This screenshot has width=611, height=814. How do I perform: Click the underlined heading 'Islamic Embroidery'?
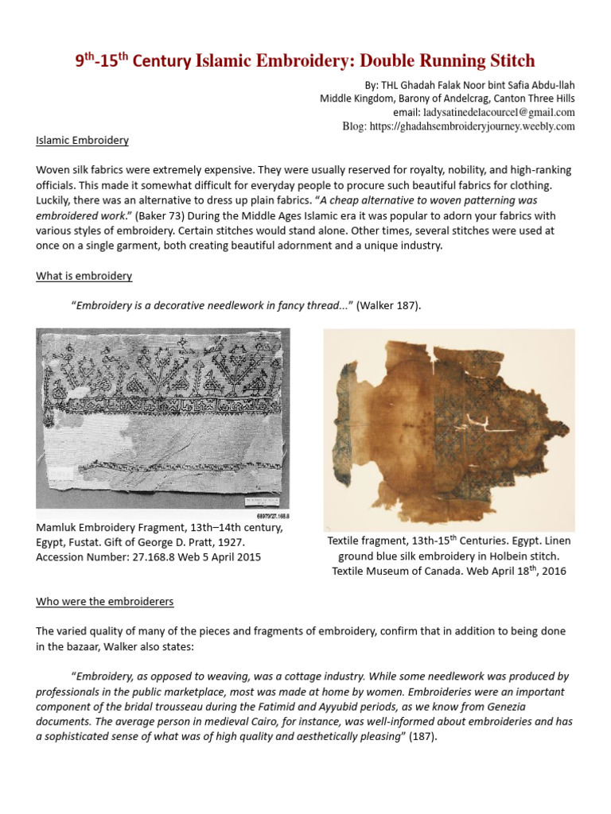pyautogui.click(x=82, y=141)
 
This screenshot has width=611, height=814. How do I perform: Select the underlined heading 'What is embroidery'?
pyautogui.click(x=84, y=276)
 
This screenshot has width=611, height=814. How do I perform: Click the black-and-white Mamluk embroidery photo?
pyautogui.click(x=163, y=422)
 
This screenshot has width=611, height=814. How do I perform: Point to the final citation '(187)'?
pyautogui.click(x=422, y=736)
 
